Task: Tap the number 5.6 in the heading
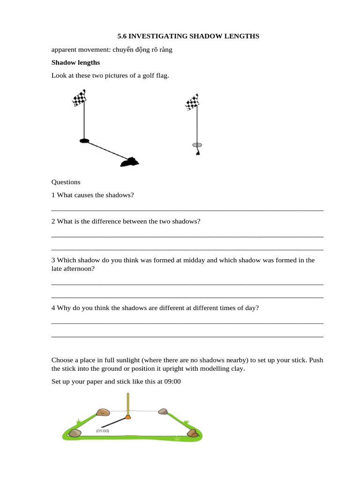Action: click(x=122, y=36)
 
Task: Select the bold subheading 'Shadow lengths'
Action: click(x=75, y=62)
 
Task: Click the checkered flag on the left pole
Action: click(x=79, y=98)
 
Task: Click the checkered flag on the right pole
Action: click(x=192, y=102)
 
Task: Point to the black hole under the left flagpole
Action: click(x=84, y=141)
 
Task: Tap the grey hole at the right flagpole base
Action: click(x=197, y=145)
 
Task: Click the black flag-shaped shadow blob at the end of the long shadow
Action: click(x=129, y=162)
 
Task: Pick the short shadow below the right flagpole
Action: click(x=198, y=152)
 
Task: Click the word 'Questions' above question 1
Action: click(x=66, y=182)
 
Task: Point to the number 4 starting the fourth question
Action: click(x=53, y=308)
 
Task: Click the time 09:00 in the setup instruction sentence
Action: click(x=172, y=382)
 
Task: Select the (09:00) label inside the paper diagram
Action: click(x=103, y=430)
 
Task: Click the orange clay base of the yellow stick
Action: click(x=128, y=417)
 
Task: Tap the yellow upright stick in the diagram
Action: click(x=128, y=404)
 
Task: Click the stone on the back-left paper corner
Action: click(x=103, y=412)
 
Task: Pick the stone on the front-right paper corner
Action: click(x=192, y=433)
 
